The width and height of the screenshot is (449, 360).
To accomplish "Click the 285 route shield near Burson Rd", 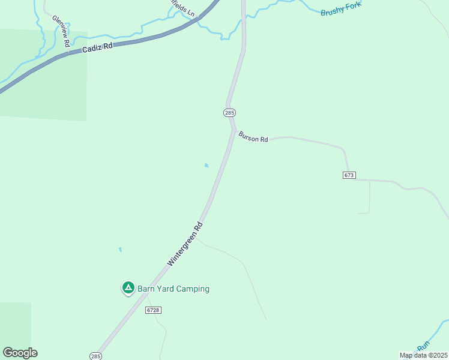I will click(229, 113).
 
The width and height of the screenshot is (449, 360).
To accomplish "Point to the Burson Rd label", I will click(253, 137).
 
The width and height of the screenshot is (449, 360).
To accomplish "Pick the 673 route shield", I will click(350, 175).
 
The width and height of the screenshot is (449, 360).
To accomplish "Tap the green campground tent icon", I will click(128, 289).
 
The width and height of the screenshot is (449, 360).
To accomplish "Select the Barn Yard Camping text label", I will click(173, 289).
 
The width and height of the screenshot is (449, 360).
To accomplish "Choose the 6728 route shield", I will click(153, 310).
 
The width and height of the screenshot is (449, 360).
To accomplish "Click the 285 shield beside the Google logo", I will click(95, 356).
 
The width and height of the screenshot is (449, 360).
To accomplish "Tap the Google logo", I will click(20, 353).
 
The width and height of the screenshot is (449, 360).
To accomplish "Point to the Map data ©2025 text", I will click(423, 355).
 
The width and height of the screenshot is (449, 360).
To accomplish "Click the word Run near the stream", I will click(424, 346).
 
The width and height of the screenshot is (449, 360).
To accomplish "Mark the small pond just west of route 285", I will click(207, 166).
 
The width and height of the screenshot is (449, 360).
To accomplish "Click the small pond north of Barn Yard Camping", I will click(120, 249).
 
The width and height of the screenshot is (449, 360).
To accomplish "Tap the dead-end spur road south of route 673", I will click(369, 198).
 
